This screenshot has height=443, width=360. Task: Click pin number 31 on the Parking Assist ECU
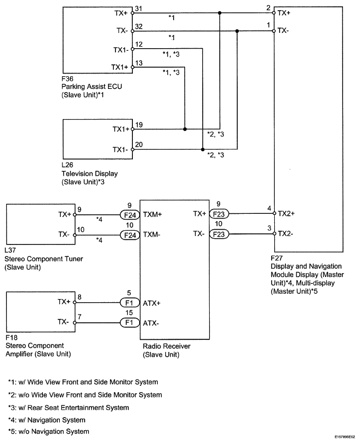click(x=139, y=9)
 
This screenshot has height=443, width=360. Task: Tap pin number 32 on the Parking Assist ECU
click(x=139, y=26)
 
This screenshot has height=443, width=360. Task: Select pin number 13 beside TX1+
click(x=139, y=63)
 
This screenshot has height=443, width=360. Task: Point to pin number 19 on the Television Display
click(x=139, y=125)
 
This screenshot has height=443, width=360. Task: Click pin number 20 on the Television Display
click(x=139, y=144)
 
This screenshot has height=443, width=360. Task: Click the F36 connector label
click(x=67, y=79)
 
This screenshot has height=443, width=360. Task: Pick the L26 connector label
click(x=67, y=165)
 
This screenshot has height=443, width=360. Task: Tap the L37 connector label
click(x=10, y=250)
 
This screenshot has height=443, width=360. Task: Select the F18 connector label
click(x=11, y=338)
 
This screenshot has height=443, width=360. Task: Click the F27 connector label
click(x=276, y=258)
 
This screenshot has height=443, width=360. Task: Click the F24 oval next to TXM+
click(x=130, y=215)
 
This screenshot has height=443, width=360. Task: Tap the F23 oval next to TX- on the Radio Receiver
click(x=219, y=234)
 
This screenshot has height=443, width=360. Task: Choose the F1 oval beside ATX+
click(x=130, y=303)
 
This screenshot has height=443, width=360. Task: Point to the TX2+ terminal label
click(x=286, y=214)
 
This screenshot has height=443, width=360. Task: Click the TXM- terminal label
click(x=152, y=235)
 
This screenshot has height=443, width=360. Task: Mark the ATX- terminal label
click(x=151, y=323)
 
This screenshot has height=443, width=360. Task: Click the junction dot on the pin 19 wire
click(x=185, y=129)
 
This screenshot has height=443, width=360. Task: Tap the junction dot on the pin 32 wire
click(x=237, y=31)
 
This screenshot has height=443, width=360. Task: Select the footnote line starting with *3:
click(x=69, y=408)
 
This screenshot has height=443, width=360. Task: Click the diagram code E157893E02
click(x=345, y=437)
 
